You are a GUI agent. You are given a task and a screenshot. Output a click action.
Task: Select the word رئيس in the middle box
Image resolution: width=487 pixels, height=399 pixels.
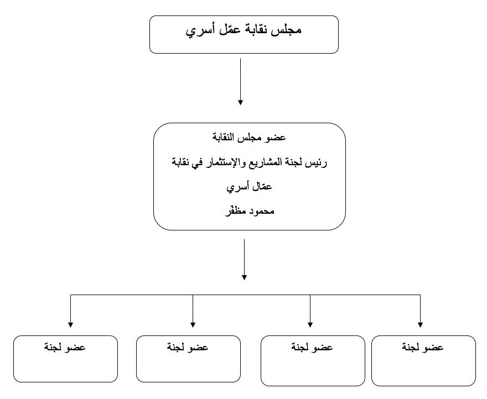click(316, 162)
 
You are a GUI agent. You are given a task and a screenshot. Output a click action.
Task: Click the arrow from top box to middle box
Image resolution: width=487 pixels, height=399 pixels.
click(240, 82)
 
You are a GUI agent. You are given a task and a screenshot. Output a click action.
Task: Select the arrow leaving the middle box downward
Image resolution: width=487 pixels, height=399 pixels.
click(245, 259)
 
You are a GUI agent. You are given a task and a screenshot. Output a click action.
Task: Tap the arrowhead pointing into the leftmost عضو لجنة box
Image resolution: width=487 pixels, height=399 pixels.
click(70, 324)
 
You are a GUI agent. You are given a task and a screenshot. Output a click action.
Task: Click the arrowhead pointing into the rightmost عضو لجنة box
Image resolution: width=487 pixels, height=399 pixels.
click(420, 324)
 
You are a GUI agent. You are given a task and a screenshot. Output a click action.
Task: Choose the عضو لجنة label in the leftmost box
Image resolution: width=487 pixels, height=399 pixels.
click(65, 347)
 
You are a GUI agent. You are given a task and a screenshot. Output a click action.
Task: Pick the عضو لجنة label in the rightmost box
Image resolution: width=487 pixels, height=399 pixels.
click(423, 347)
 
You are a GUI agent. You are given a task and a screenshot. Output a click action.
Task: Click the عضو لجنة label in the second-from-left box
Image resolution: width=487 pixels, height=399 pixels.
click(188, 347)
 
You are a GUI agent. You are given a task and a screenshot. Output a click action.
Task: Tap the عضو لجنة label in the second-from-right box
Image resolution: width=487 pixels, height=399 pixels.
click(312, 347)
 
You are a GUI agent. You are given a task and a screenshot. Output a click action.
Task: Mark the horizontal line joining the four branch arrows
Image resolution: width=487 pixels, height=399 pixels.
click(245, 295)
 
